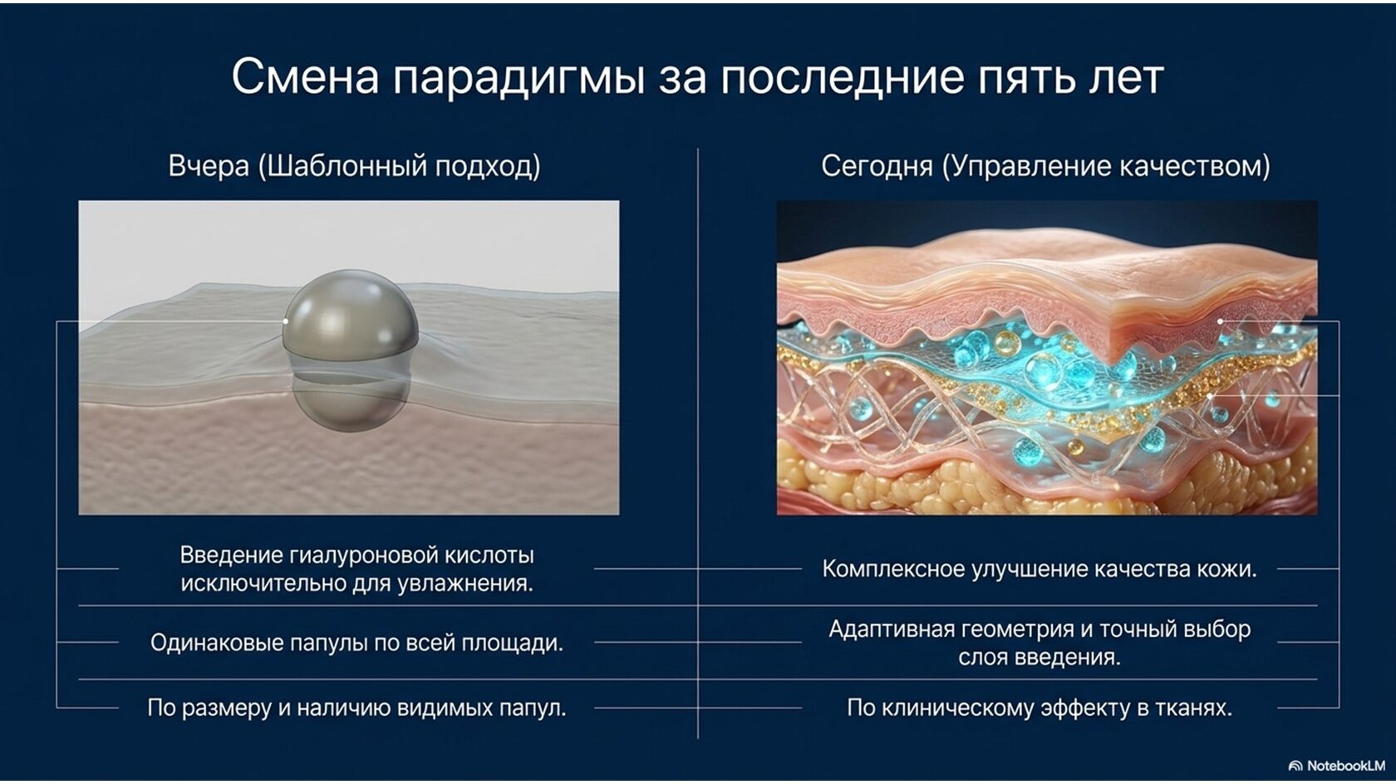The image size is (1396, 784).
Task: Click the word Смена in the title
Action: (x=306, y=76)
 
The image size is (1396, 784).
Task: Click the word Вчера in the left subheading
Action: (x=209, y=167)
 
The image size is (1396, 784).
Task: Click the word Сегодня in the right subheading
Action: (x=877, y=167)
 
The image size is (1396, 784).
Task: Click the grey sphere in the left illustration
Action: (x=351, y=350)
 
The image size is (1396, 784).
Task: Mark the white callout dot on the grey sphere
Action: (x=286, y=321)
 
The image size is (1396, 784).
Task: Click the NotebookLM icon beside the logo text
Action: (x=1295, y=766)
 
